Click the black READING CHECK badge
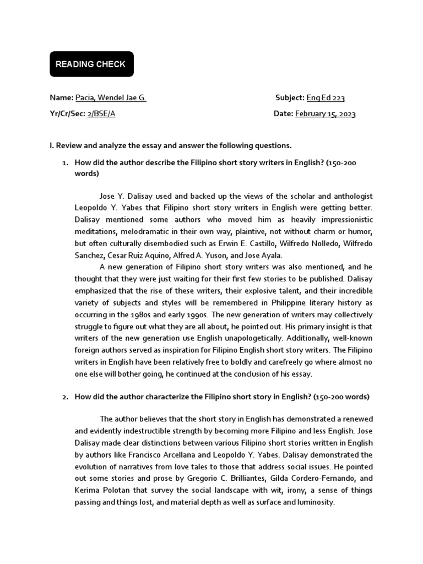91,64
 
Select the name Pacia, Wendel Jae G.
111,98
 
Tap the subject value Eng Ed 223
326,98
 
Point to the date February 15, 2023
326,114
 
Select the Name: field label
61,98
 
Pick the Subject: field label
290,98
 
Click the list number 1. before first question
64,164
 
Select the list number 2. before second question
64,397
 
